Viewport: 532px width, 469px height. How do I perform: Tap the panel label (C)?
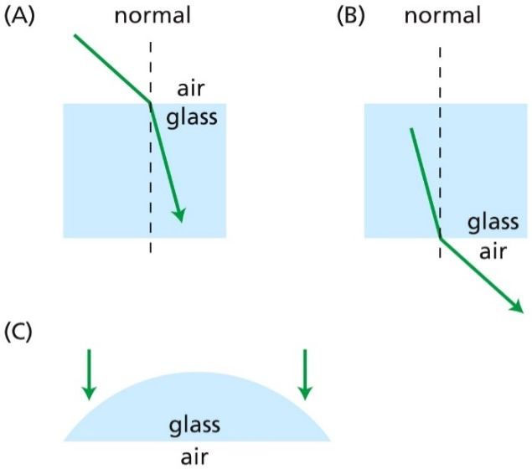19,332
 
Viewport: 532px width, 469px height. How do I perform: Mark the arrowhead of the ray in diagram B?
518,307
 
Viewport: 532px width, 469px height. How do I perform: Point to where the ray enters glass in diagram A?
150,103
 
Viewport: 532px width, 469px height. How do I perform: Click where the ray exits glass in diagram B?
441,239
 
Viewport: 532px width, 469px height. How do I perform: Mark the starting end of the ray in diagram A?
75,36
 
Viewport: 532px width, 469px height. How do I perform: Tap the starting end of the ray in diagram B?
411,129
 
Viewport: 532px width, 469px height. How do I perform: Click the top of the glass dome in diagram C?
197,373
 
